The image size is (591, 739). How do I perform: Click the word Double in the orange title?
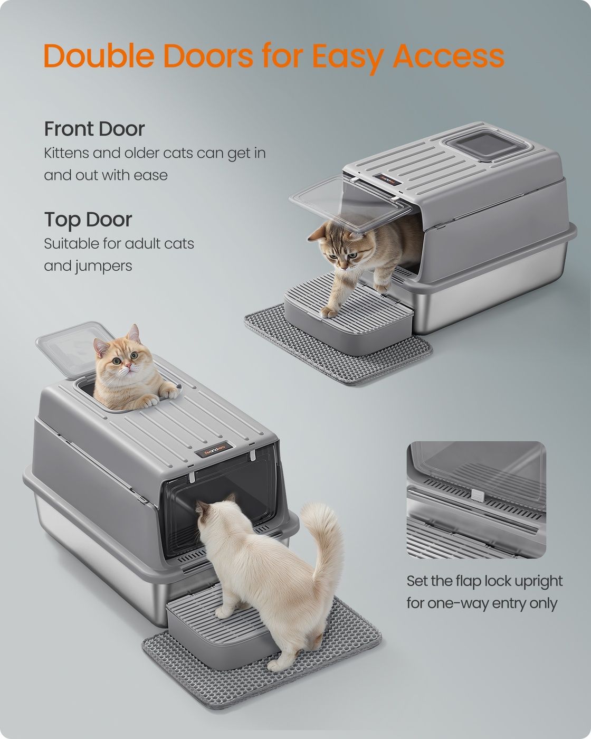pos(99,55)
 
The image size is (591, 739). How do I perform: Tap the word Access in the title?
pos(449,55)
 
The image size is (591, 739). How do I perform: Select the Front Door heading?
pos(94,129)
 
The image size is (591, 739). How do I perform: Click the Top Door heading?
pos(88,220)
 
